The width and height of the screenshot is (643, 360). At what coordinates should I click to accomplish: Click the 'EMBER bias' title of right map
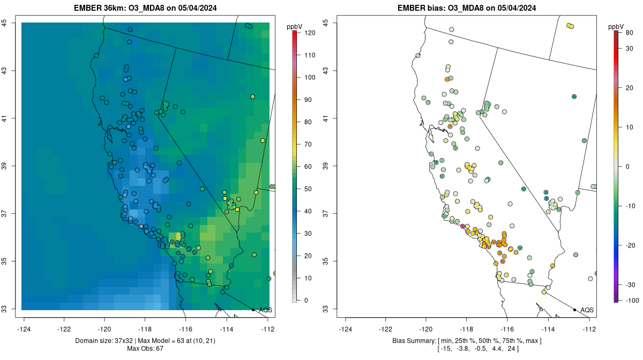coord(415,8)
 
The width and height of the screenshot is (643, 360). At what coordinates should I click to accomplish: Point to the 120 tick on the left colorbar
coord(310,33)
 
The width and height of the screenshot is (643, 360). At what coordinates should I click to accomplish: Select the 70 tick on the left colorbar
coord(308,145)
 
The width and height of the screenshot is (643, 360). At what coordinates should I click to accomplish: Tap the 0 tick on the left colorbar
coord(306,301)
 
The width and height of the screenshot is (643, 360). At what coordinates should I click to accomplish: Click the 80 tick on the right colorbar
coord(630,33)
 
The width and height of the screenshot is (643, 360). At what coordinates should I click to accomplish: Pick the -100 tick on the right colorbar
coord(632,301)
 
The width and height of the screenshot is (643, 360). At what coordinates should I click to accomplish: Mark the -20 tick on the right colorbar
coord(630,245)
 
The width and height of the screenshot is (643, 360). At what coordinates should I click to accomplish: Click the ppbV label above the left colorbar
coord(295,27)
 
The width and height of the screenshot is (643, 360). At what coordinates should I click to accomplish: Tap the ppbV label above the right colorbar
coord(616,27)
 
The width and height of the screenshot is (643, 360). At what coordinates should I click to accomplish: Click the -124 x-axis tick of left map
coord(24,329)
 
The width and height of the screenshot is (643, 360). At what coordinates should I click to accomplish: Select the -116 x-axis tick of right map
coord(507,329)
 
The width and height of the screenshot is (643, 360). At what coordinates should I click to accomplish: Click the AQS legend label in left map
coord(266,310)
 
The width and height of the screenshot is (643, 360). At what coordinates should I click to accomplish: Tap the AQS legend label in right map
coord(587,310)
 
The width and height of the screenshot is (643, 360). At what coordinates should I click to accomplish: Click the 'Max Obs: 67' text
coord(145,349)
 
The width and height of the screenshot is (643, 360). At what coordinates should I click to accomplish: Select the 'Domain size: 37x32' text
coord(104,341)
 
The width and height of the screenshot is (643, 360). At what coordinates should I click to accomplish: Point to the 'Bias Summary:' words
coord(414,341)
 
